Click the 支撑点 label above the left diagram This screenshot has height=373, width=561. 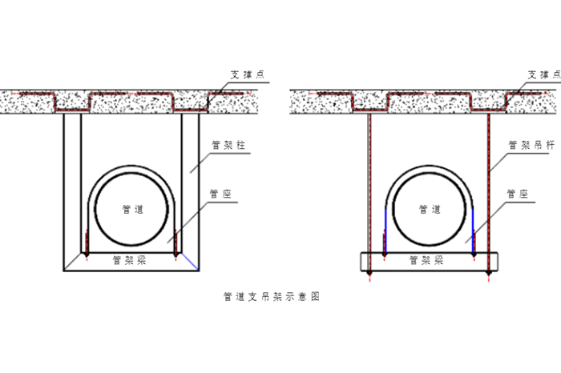(x=248, y=74)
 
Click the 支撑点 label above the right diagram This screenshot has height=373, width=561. (x=543, y=74)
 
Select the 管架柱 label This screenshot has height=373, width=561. (x=228, y=145)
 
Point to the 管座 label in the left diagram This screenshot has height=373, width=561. (x=219, y=192)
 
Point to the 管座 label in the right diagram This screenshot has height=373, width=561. (x=517, y=192)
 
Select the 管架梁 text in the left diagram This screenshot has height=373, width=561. (x=128, y=259)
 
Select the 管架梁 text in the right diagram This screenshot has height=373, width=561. (x=426, y=259)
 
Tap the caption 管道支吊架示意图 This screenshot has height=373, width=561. (x=272, y=296)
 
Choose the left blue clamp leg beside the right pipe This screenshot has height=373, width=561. (x=386, y=228)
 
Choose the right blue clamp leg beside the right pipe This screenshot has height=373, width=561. (x=474, y=228)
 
